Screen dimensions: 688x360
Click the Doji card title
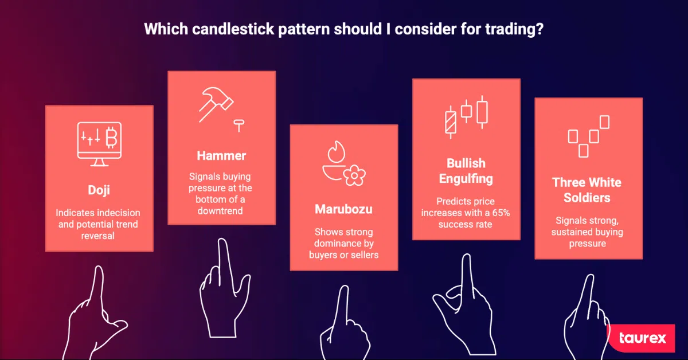point(99,190)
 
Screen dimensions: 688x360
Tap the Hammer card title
point(221,155)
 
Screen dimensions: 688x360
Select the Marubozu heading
point(343,209)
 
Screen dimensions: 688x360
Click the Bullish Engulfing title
point(466,171)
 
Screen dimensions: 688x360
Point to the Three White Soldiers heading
point(587,190)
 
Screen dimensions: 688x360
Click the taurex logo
point(642,338)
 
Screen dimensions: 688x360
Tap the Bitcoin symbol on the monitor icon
point(111,138)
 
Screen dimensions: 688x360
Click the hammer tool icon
point(216,104)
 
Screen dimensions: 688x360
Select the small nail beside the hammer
point(239,126)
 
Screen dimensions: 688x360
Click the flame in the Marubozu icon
point(337,152)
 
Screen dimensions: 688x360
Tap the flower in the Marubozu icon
point(354,175)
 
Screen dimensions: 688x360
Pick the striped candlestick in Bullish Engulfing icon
point(451,122)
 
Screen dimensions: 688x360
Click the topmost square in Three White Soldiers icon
point(604,122)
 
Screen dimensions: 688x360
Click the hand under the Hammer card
point(224,289)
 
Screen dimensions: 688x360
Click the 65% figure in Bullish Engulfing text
point(501,213)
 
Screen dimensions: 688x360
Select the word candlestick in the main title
point(233,29)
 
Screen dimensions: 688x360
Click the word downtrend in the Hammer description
point(220,211)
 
